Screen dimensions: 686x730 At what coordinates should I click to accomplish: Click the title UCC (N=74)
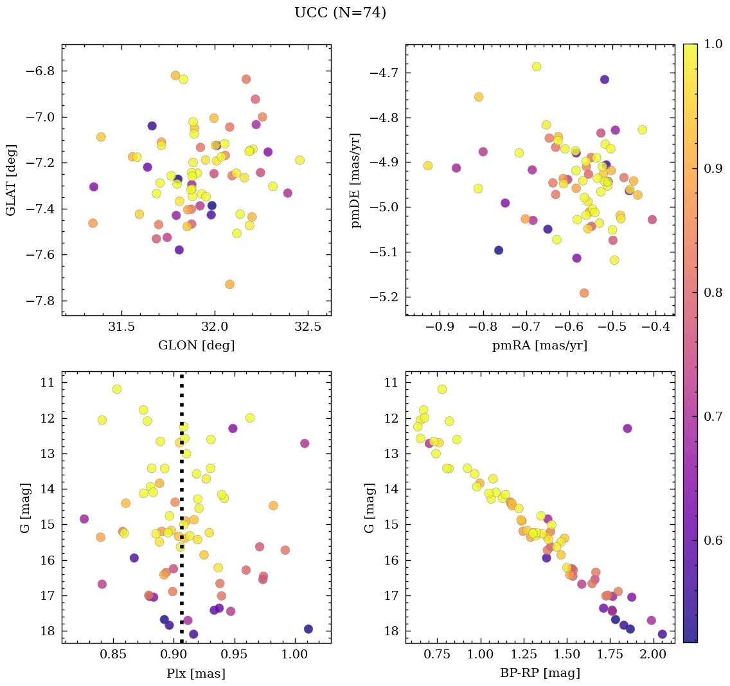coord(340,13)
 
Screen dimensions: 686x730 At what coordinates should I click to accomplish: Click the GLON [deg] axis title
coord(196,346)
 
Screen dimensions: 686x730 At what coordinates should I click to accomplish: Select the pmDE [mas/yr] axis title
coord(355,180)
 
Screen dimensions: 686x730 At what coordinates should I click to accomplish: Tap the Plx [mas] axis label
coord(196,673)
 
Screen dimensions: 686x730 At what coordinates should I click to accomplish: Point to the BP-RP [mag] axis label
coord(540,673)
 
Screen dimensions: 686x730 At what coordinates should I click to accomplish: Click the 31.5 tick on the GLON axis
coord(121,327)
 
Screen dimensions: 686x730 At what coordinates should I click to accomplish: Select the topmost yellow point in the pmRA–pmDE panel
coord(537,67)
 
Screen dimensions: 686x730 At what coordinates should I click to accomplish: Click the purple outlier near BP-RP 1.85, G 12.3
coord(627,428)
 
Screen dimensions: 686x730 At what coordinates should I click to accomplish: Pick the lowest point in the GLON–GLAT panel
coord(229,284)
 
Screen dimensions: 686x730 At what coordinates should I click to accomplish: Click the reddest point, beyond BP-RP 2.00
coord(663,634)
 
